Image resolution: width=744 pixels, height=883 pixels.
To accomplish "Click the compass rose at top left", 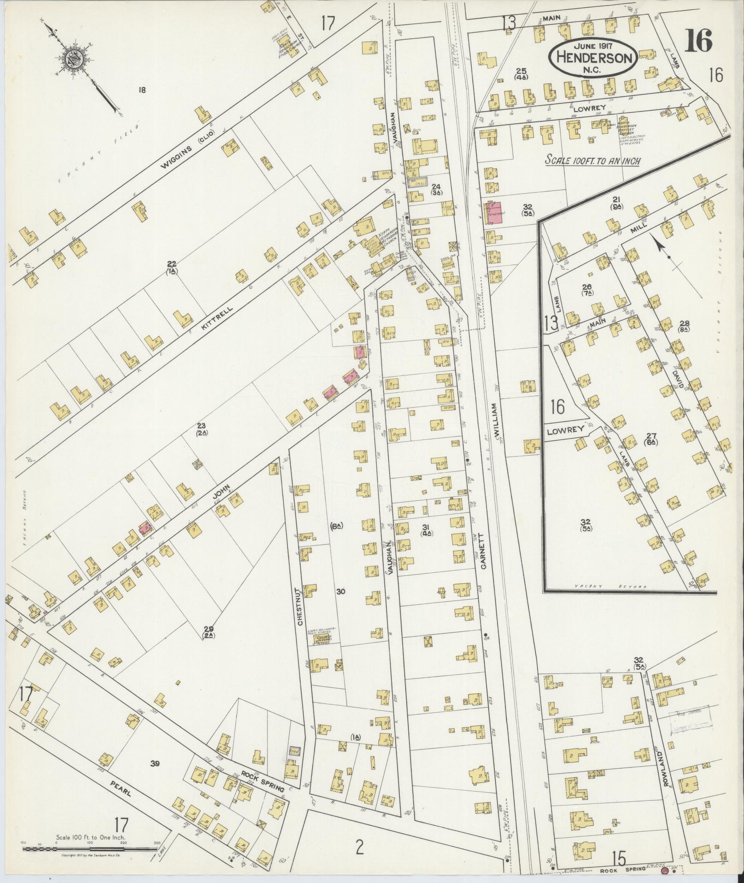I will pyautogui.click(x=74, y=59).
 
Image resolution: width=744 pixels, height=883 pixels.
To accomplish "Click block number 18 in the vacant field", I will pyautogui.click(x=142, y=90).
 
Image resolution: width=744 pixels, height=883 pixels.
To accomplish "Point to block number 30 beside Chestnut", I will pyautogui.click(x=341, y=592).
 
